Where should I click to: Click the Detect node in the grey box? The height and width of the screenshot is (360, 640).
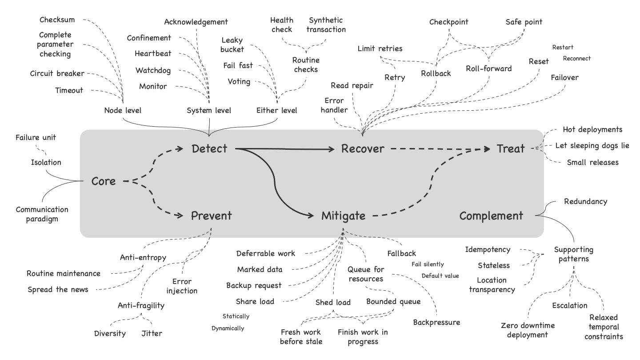coord(209,149)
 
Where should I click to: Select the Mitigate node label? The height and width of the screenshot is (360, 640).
coord(343,216)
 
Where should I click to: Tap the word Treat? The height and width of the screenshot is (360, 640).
coord(511,149)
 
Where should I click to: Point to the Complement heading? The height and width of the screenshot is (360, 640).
coord(491,216)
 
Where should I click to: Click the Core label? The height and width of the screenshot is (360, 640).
coord(104,181)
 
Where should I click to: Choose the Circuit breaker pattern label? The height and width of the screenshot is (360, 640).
coord(57,73)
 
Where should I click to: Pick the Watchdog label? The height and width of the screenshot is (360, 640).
coord(153,70)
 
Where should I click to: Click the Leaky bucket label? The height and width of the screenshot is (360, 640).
coord(232,45)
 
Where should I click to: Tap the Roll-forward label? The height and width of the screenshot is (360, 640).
coord(489,68)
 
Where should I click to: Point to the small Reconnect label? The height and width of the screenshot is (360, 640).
coord(576,58)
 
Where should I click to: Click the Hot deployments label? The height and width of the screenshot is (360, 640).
coord(592,130)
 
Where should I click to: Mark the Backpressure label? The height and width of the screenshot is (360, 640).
coord(436,322)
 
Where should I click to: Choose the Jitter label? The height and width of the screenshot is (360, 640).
coord(152,333)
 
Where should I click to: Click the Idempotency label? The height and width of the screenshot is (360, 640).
coord(488,250)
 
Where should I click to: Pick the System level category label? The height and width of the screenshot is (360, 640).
coord(209,110)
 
